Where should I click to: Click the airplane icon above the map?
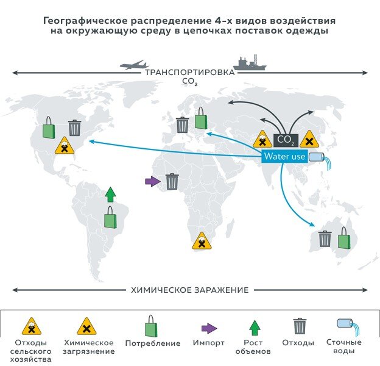pos(134,65)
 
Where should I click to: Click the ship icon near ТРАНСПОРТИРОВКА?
pos(250,63)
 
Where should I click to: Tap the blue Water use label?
pos(284,156)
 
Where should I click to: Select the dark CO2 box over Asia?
pos(286,140)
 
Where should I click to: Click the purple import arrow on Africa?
pos(153,181)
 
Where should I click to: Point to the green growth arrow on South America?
pos(110,195)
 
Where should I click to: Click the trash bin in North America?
pos(75,127)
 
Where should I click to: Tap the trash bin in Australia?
pos(325,239)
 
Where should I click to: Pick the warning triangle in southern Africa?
pos(202,241)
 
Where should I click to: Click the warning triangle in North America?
pos(65,145)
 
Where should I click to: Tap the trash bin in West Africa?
pos(172,182)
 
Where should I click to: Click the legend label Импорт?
pos(209,343)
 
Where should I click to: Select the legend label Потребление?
pos(153,343)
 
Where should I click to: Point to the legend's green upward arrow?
pos(255,328)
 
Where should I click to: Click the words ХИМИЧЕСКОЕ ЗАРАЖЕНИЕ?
pos(190,290)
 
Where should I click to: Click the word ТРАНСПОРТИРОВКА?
pos(190,73)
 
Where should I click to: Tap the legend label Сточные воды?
pos(344,346)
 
